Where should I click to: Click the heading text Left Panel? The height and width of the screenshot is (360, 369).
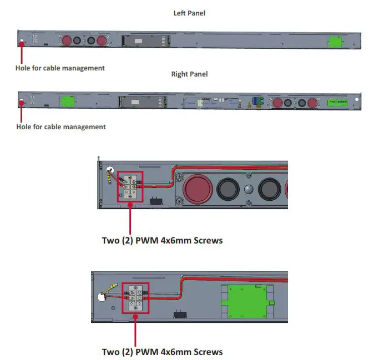coord(189,13)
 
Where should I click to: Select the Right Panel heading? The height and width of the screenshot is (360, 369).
coord(189,74)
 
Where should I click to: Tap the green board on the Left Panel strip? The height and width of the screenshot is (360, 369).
coord(334,42)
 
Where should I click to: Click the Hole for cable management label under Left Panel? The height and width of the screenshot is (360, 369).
coord(60,68)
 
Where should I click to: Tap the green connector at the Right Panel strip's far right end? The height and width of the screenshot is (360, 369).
coord(336,102)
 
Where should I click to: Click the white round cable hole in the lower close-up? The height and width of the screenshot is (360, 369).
coord(103,297)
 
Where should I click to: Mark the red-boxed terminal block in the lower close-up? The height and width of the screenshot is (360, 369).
coord(136,298)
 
